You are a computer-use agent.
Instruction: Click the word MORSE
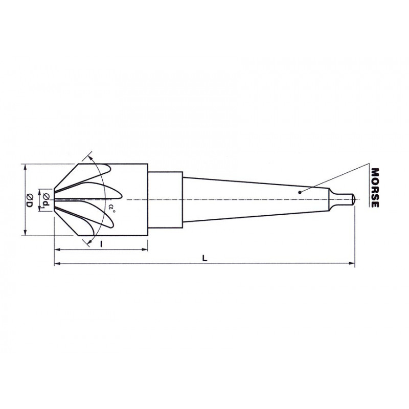[375, 188]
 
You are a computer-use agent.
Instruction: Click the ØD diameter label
[29, 200]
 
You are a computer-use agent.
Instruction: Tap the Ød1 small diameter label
[47, 200]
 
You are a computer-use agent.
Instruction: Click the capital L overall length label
[205, 258]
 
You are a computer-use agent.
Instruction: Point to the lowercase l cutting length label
[102, 244]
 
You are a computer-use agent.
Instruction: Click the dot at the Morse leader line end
[300, 193]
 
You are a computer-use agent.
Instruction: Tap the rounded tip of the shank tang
[353, 199]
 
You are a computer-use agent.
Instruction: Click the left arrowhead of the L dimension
[57, 263]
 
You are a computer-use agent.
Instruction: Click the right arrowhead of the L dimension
[352, 263]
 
